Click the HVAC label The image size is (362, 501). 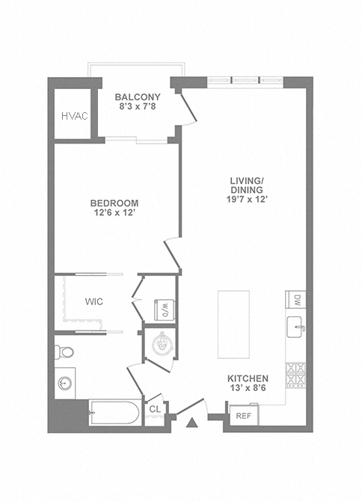click(x=75, y=116)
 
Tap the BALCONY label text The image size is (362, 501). click(x=138, y=96)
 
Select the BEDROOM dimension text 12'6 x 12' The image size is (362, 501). click(x=114, y=213)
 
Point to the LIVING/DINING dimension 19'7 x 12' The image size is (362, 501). click(x=247, y=200)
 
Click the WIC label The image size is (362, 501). click(x=94, y=301)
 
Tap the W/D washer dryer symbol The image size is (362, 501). click(x=165, y=310)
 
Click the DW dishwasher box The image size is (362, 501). click(x=295, y=300)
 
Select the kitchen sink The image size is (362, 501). click(x=295, y=327)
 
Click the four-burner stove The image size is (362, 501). click(x=295, y=375)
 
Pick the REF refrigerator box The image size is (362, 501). click(x=244, y=415)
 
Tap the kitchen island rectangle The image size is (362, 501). click(x=233, y=325)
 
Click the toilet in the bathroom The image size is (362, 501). click(x=64, y=352)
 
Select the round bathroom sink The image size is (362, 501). click(x=65, y=383)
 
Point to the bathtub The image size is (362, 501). click(x=115, y=412)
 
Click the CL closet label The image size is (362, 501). click(x=155, y=409)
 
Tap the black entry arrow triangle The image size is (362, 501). click(x=191, y=422)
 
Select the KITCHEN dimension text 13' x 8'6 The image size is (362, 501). click(x=248, y=388)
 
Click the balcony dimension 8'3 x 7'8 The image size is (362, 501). click(x=138, y=106)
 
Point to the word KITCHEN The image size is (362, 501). click(x=248, y=378)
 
